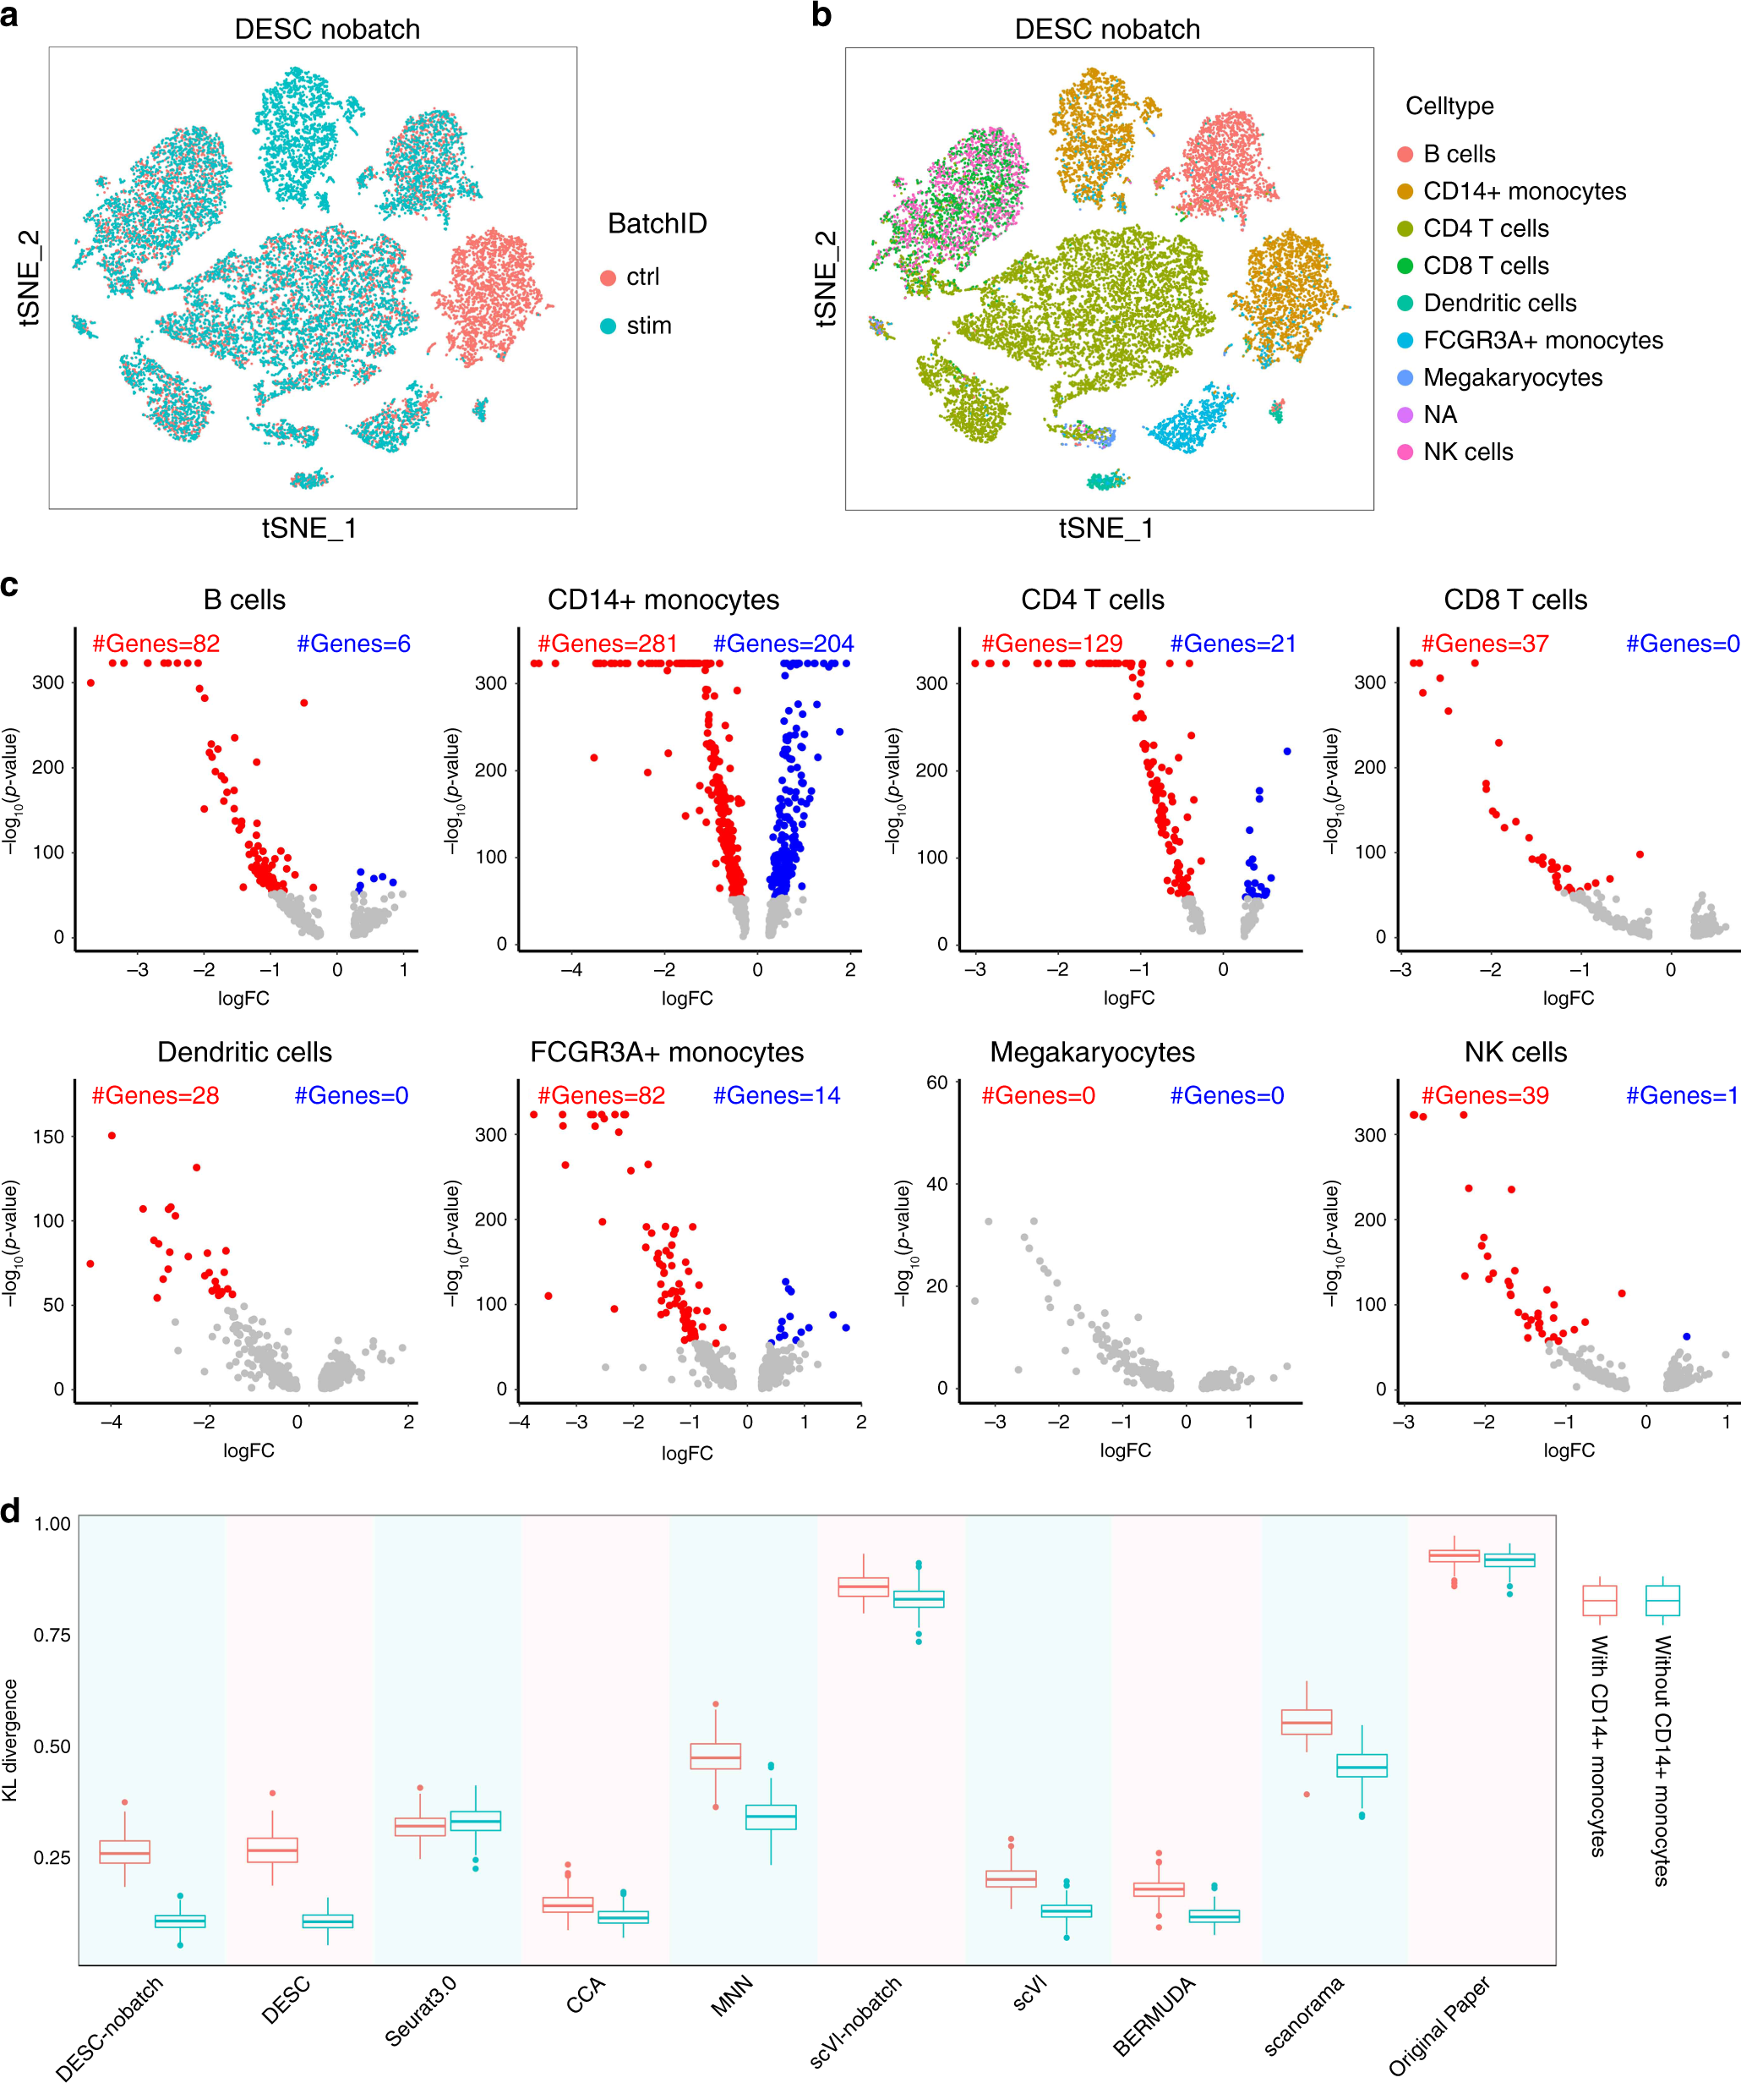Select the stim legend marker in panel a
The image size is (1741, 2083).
point(608,326)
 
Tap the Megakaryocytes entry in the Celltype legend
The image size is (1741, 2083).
point(1511,377)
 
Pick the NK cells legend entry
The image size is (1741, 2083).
point(1466,452)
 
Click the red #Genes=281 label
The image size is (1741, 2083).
point(607,644)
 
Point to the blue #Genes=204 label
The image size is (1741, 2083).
point(783,644)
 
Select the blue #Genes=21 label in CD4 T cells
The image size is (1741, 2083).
point(1232,644)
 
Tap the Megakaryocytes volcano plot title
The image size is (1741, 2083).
point(1092,1051)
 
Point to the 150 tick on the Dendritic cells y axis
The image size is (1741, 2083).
point(48,1137)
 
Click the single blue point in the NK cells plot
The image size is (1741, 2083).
point(1686,1336)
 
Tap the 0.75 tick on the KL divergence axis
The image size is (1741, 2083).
point(52,1635)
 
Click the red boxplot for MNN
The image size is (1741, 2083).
point(715,1757)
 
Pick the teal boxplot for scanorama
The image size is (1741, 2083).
point(1362,1766)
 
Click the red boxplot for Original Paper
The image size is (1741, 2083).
point(1454,1555)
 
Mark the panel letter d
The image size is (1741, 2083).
point(11,1511)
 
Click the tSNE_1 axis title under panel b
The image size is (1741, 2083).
point(1105,528)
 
